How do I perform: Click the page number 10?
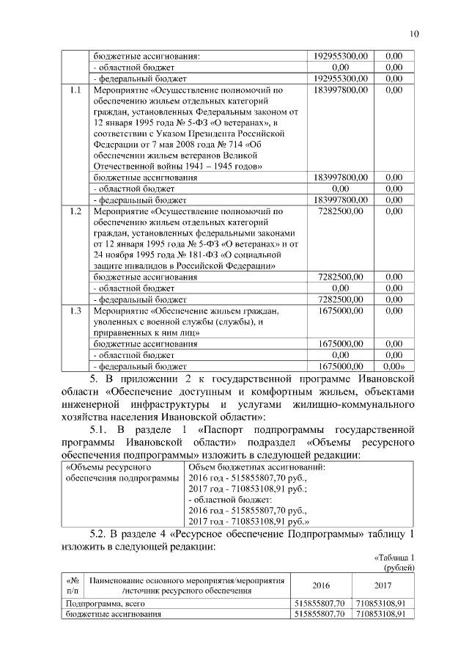(414, 33)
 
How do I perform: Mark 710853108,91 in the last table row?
(380, 614)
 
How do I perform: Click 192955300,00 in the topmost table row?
(340, 55)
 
